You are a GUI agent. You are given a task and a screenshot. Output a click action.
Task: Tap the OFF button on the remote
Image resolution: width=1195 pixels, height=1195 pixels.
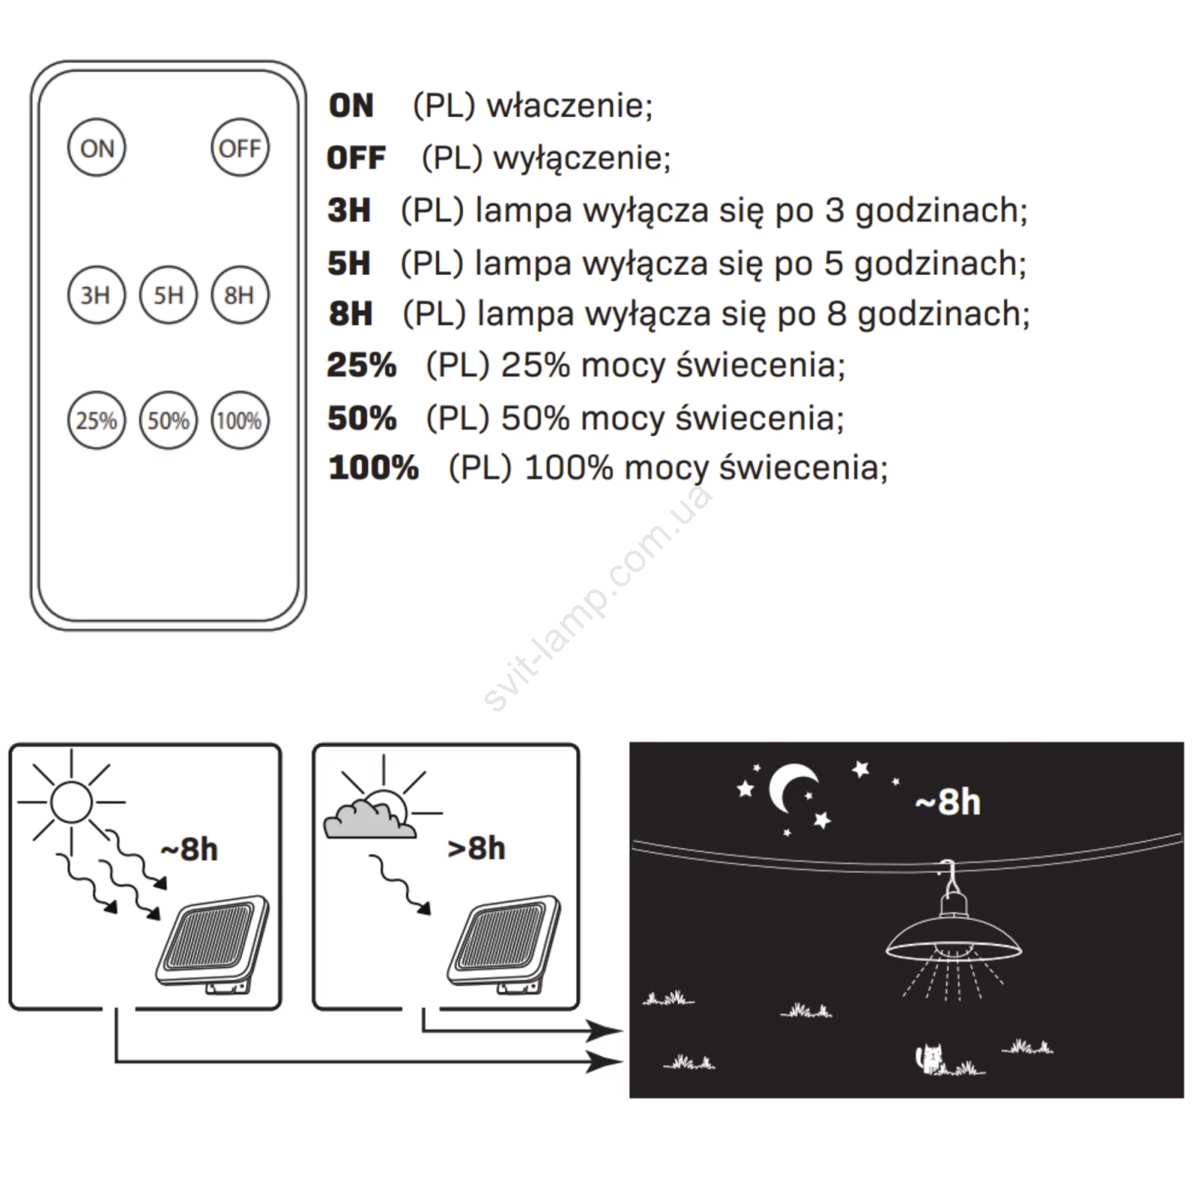coord(240,148)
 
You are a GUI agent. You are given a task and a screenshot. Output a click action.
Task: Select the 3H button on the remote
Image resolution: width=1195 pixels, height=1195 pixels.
coord(96,295)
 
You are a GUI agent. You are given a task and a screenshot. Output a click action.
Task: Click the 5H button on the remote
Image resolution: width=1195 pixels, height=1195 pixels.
coord(168,295)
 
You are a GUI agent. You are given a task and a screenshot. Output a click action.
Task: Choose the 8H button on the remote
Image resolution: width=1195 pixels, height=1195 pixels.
coord(240,295)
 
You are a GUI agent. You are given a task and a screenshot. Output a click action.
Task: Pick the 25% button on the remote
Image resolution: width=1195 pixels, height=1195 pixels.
coord(96,420)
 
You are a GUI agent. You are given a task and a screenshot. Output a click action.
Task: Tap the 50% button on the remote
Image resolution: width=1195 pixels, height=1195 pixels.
coord(168,420)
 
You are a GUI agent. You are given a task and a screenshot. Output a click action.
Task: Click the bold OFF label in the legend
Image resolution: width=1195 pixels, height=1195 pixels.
coord(356,158)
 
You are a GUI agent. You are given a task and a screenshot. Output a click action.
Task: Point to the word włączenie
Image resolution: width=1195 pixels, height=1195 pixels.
coord(569,106)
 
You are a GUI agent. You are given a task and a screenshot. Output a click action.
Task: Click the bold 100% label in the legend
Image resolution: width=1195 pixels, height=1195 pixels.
coord(373,468)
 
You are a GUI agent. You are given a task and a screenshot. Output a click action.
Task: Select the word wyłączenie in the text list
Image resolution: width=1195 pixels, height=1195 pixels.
coord(582,158)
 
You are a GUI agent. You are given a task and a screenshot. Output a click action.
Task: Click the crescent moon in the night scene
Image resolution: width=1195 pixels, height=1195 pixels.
coord(790,789)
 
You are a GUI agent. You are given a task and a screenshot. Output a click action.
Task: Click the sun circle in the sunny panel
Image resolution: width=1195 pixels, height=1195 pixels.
coord(72,802)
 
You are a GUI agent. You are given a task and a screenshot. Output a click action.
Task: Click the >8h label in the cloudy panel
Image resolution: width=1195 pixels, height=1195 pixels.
coord(476,849)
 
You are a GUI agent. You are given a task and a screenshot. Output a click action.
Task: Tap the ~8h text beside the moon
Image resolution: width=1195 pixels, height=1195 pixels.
coord(948,803)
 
